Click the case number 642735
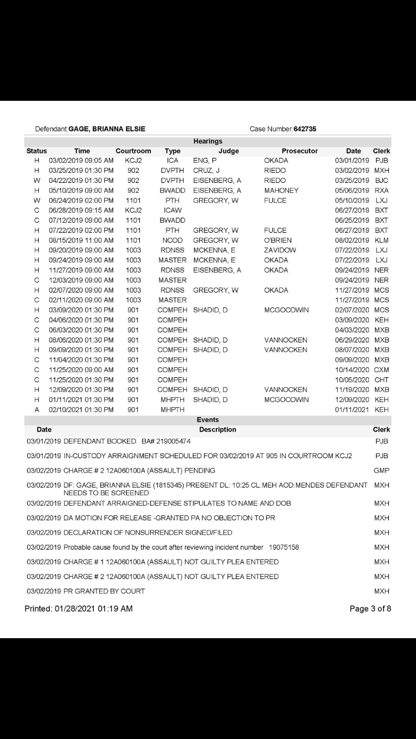[x=305, y=129]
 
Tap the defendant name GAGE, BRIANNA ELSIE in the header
[x=107, y=129]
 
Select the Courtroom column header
[x=133, y=151]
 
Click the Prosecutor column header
[x=300, y=151]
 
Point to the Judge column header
[x=229, y=151]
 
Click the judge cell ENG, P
[x=205, y=161]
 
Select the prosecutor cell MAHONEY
[x=281, y=191]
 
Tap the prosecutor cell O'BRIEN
[x=278, y=240]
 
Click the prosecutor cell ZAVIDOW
[x=280, y=250]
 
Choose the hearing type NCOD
[x=173, y=240]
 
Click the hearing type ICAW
[x=173, y=211]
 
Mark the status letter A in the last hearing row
[x=37, y=410]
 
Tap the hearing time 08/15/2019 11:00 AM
[x=81, y=240]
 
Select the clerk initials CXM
[x=382, y=370]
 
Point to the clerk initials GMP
[x=382, y=471]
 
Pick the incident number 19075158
[x=284, y=547]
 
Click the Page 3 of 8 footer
[x=370, y=609]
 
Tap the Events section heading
[x=207, y=420]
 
